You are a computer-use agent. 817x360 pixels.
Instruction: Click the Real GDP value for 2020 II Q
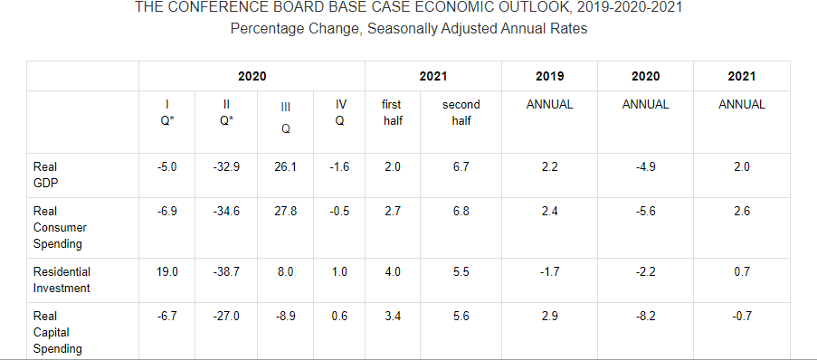pyautogui.click(x=226, y=167)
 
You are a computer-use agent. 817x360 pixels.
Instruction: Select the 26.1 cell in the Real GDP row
pyautogui.click(x=286, y=167)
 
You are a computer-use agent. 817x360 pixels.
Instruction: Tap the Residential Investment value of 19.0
pyautogui.click(x=166, y=272)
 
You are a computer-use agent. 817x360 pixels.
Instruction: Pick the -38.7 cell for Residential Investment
pyautogui.click(x=226, y=272)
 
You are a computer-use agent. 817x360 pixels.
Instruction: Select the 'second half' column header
pyautogui.click(x=461, y=112)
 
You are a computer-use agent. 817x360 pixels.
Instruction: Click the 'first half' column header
pyautogui.click(x=393, y=112)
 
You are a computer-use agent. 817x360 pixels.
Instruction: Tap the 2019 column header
pyautogui.click(x=550, y=77)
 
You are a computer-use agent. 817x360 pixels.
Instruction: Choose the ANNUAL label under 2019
pyautogui.click(x=550, y=105)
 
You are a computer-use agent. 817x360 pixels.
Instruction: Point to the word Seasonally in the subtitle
pyautogui.click(x=402, y=29)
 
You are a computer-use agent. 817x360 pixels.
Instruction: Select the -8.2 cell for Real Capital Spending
pyautogui.click(x=646, y=317)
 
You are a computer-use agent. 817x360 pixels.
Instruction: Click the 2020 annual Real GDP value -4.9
pyautogui.click(x=646, y=167)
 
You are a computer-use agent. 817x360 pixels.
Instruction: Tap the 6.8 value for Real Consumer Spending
pyautogui.click(x=461, y=212)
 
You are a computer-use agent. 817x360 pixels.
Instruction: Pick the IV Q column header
pyautogui.click(x=339, y=112)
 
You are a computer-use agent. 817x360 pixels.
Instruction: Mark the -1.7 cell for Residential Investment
pyautogui.click(x=550, y=272)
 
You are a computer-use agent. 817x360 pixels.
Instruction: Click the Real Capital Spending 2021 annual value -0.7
pyautogui.click(x=742, y=317)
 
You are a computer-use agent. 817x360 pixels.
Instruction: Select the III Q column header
pyautogui.click(x=286, y=118)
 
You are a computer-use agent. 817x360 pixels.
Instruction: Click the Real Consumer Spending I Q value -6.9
pyautogui.click(x=166, y=212)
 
